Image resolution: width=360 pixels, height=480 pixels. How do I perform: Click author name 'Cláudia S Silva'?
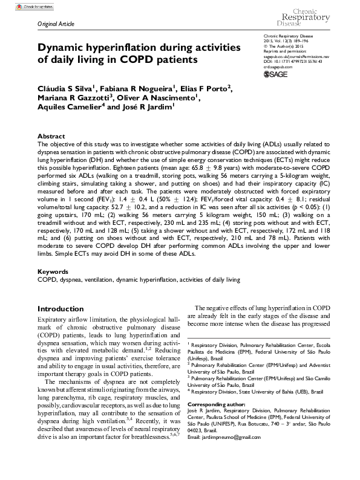pyautogui.click(x=61, y=88)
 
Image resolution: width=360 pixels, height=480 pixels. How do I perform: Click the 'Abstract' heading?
pyautogui.click(x=51, y=137)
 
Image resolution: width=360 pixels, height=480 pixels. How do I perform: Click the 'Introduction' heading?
pyautogui.click(x=61, y=308)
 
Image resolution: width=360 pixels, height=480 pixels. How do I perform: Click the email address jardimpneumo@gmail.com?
pyautogui.click(x=223, y=436)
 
